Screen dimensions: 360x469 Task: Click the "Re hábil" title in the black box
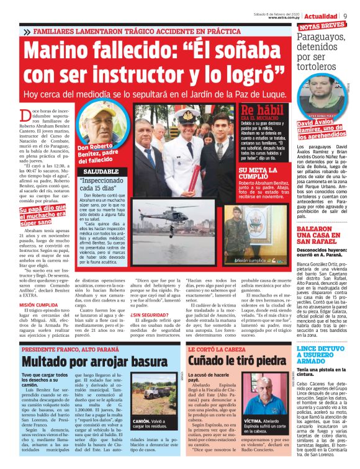pyautogui.click(x=260, y=112)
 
